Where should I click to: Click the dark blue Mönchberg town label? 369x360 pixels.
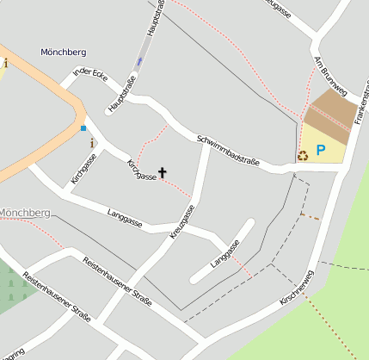tap(63, 53)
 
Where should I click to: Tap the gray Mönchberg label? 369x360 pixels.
tap(26, 213)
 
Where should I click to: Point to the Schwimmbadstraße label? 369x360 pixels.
tap(229, 150)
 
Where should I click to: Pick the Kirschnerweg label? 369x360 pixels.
tap(298, 289)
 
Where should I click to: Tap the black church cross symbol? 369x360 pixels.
tap(163, 172)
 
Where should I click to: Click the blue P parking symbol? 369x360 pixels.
tap(321, 151)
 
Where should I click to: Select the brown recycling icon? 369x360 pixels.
tap(302, 156)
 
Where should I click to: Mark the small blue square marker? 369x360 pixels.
tap(83, 128)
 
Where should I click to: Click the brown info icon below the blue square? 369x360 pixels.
tap(93, 143)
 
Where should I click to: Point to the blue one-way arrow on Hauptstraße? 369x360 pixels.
tap(139, 62)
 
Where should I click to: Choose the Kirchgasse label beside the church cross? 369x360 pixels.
tap(141, 171)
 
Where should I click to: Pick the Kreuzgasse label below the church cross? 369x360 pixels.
tap(181, 221)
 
